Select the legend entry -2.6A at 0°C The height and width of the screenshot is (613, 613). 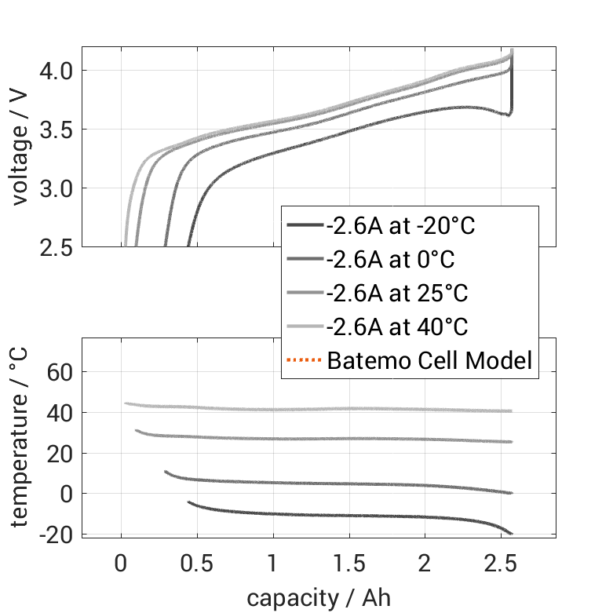coord(390,260)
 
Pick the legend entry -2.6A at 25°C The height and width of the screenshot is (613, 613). coord(396,294)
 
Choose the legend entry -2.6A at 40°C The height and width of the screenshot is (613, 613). coord(396,327)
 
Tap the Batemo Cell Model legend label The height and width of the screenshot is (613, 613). coord(429,361)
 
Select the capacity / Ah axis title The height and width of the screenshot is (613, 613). coord(318,597)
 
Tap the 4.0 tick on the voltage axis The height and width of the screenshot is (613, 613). coord(56,71)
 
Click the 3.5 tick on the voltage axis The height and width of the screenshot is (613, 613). coord(56,130)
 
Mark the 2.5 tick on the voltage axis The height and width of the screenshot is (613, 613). coord(56,247)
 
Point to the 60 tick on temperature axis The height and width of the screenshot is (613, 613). coord(60,371)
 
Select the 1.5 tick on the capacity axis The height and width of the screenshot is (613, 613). coord(348,563)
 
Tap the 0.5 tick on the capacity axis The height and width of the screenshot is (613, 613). coord(196,563)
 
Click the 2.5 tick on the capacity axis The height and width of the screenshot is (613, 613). coord(501,563)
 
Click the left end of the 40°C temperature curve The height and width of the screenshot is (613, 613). coord(126,403)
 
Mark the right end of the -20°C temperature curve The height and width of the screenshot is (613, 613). coord(512,534)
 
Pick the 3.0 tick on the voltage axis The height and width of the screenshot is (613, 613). coord(56,188)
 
